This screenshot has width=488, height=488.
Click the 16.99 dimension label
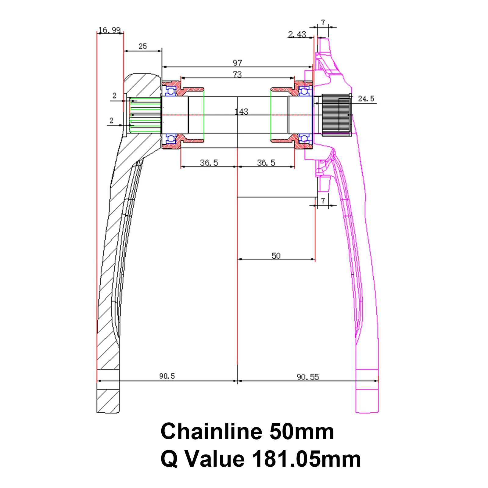[109, 30]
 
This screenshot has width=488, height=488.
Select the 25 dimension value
[143, 46]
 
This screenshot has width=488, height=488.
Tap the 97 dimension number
[238, 63]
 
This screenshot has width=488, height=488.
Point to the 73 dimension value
[237, 74]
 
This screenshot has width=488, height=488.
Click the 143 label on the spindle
[242, 112]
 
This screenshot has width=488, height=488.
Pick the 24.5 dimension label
[366, 99]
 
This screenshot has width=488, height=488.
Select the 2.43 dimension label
[297, 34]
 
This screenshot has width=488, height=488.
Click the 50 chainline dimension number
[276, 256]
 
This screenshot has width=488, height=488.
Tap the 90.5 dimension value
[167, 376]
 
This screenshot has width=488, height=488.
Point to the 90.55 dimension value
[308, 377]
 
